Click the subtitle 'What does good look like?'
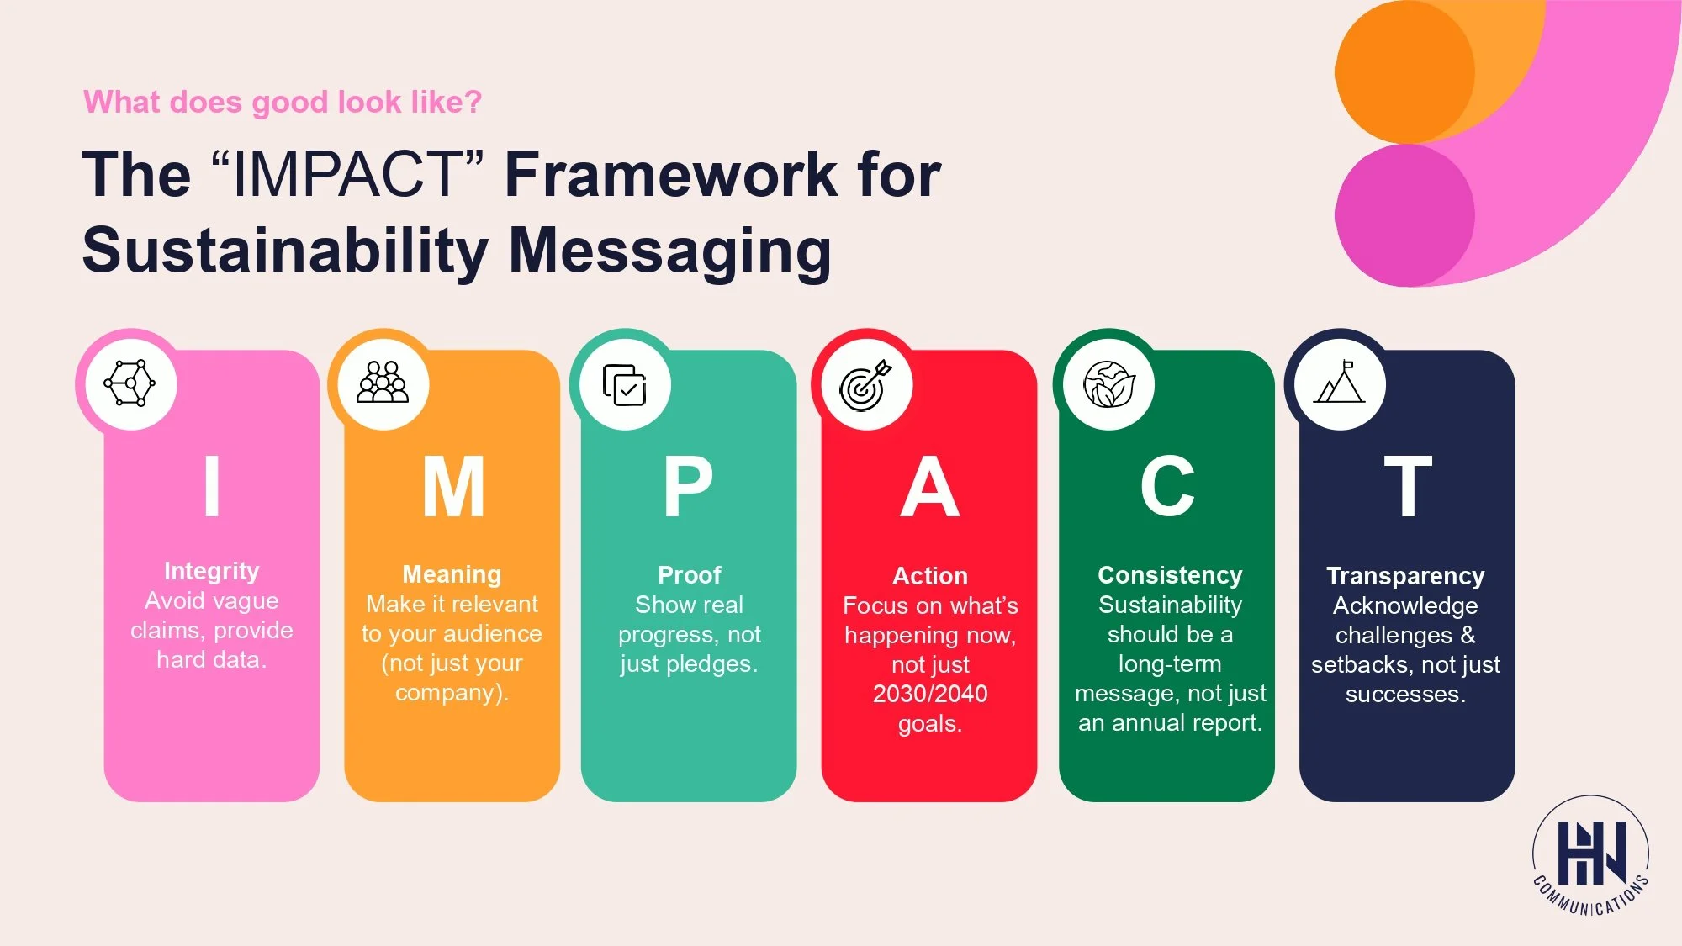pyautogui.click(x=283, y=102)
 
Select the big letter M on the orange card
pyautogui.click(x=453, y=487)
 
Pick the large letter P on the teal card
pyautogui.click(x=688, y=487)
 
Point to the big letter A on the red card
pyautogui.click(x=929, y=487)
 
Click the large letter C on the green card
pyautogui.click(x=1167, y=487)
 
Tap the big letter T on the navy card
pyautogui.click(x=1408, y=487)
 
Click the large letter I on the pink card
pyautogui.click(x=212, y=487)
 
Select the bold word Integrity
pyautogui.click(x=212, y=571)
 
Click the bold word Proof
pyautogui.click(x=689, y=575)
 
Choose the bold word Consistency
pyautogui.click(x=1170, y=575)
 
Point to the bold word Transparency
pyautogui.click(x=1405, y=576)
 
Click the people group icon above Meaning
pyautogui.click(x=383, y=383)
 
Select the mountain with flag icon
pyautogui.click(x=1340, y=383)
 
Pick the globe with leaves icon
pyautogui.click(x=1108, y=384)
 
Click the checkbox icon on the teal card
pyautogui.click(x=624, y=385)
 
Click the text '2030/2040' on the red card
pyautogui.click(x=930, y=694)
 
